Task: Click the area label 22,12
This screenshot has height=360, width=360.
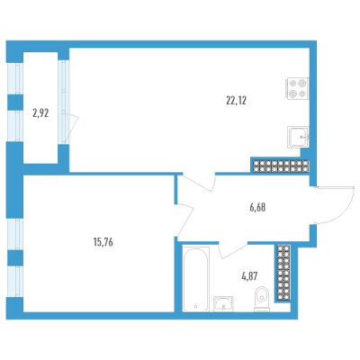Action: (236, 101)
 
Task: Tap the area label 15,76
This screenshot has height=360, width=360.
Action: (103, 242)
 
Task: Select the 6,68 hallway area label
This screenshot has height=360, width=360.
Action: (257, 207)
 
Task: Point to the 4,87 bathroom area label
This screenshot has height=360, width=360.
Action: (250, 275)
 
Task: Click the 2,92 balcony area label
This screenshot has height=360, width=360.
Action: (40, 113)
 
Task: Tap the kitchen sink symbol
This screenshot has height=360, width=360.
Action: (298, 137)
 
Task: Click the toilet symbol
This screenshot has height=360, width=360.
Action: (262, 299)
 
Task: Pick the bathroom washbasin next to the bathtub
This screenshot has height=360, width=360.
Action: (223, 304)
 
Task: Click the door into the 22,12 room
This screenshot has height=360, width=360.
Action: (199, 182)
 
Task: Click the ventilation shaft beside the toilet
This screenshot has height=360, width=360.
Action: (283, 273)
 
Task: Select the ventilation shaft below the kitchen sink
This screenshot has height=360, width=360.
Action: (280, 166)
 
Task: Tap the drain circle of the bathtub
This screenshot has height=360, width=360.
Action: (195, 307)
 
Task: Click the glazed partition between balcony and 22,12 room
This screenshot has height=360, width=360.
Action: (64, 102)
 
